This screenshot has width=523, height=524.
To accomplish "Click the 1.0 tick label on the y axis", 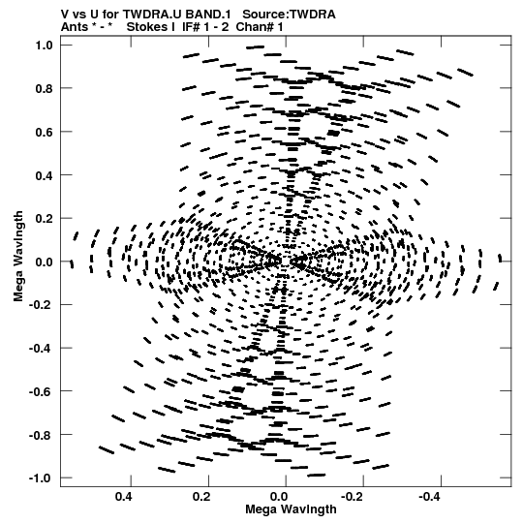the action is [x=45, y=46].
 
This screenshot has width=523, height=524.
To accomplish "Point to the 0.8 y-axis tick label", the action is [x=45, y=88].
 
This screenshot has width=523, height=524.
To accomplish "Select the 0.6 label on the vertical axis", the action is [x=45, y=132].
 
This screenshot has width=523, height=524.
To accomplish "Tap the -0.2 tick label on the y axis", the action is [x=41, y=305].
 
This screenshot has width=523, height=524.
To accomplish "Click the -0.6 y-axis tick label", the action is [x=41, y=391].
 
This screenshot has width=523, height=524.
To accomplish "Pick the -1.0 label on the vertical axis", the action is [x=41, y=478].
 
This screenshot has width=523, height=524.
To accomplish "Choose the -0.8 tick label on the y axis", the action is [x=41, y=435].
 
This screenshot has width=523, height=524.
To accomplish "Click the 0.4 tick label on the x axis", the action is [x=124, y=497].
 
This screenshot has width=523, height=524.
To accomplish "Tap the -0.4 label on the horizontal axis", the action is [x=429, y=497].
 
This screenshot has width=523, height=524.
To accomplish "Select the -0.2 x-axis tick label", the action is [x=352, y=497].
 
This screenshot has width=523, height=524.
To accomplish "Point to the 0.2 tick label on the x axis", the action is [x=201, y=497].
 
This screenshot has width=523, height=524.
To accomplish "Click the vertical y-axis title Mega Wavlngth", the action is [x=18, y=257].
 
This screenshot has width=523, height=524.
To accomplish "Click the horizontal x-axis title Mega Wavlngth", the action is [x=291, y=509].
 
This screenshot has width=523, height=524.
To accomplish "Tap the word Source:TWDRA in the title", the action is [x=289, y=15].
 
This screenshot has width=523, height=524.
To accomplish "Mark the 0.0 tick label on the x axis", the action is [x=279, y=497].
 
